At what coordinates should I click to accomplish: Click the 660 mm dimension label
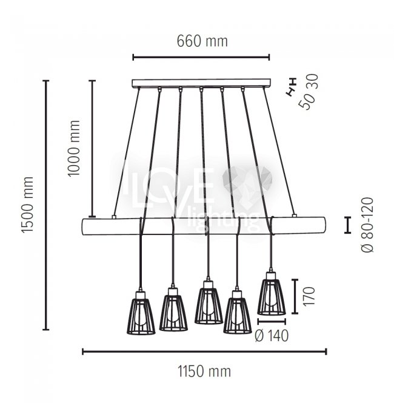pyautogui.click(x=202, y=41)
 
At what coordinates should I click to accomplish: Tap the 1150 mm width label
pyautogui.click(x=204, y=372)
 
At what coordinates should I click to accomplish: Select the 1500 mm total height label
pyautogui.click(x=27, y=205)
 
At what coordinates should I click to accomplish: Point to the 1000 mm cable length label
pyautogui.click(x=73, y=148)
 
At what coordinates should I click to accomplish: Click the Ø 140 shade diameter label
pyautogui.click(x=272, y=335)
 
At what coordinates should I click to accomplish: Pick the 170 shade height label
pyautogui.click(x=309, y=296)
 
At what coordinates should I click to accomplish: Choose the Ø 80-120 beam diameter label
pyautogui.click(x=367, y=225)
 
